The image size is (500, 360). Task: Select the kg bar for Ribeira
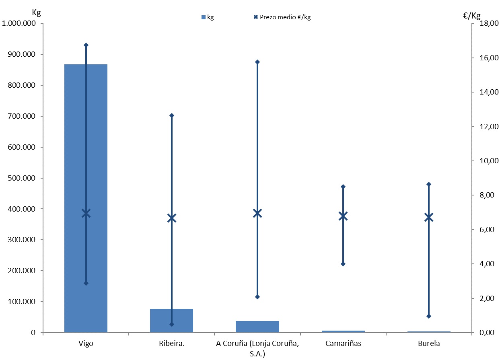click(x=161, y=320)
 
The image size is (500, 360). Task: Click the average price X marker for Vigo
click(x=86, y=213)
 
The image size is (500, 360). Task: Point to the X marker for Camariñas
click(x=343, y=216)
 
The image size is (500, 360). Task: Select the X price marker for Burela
click(x=429, y=217)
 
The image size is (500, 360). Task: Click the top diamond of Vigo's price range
click(x=86, y=45)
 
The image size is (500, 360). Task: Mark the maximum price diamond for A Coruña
click(x=257, y=62)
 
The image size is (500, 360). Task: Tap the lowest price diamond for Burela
click(x=429, y=316)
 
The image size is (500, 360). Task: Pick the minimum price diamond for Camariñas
click(x=343, y=264)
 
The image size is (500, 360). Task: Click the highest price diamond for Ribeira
click(x=172, y=115)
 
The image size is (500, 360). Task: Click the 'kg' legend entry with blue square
click(x=208, y=17)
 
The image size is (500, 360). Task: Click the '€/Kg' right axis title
click(x=471, y=16)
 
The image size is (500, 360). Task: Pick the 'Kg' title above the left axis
click(x=36, y=12)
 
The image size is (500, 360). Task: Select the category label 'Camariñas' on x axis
click(x=343, y=344)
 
